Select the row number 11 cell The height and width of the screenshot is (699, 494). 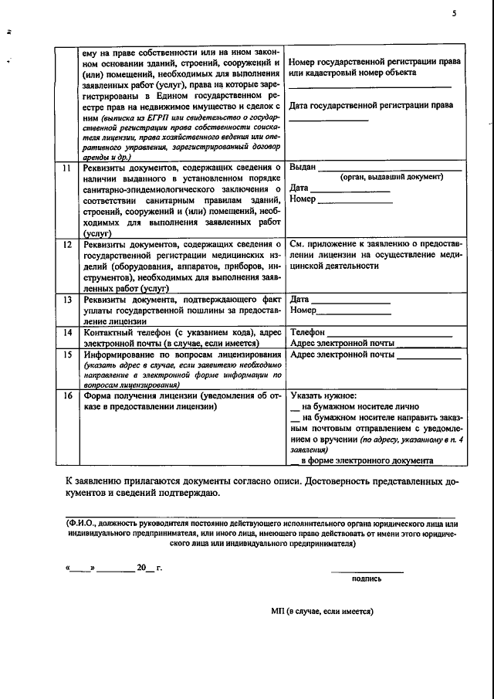coord(67,167)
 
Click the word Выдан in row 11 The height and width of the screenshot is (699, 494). coord(302,167)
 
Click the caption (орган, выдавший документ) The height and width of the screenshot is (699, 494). coord(391,177)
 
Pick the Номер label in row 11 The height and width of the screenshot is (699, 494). coord(303,199)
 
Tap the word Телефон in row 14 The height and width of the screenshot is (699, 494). coord(306,332)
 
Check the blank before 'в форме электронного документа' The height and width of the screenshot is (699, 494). coord(294,462)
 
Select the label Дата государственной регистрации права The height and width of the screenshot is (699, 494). coord(371,105)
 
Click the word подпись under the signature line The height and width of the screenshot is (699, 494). coord(367,578)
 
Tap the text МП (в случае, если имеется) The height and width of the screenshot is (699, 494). coord(322,610)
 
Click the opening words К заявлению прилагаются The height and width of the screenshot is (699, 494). coord(123,481)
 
